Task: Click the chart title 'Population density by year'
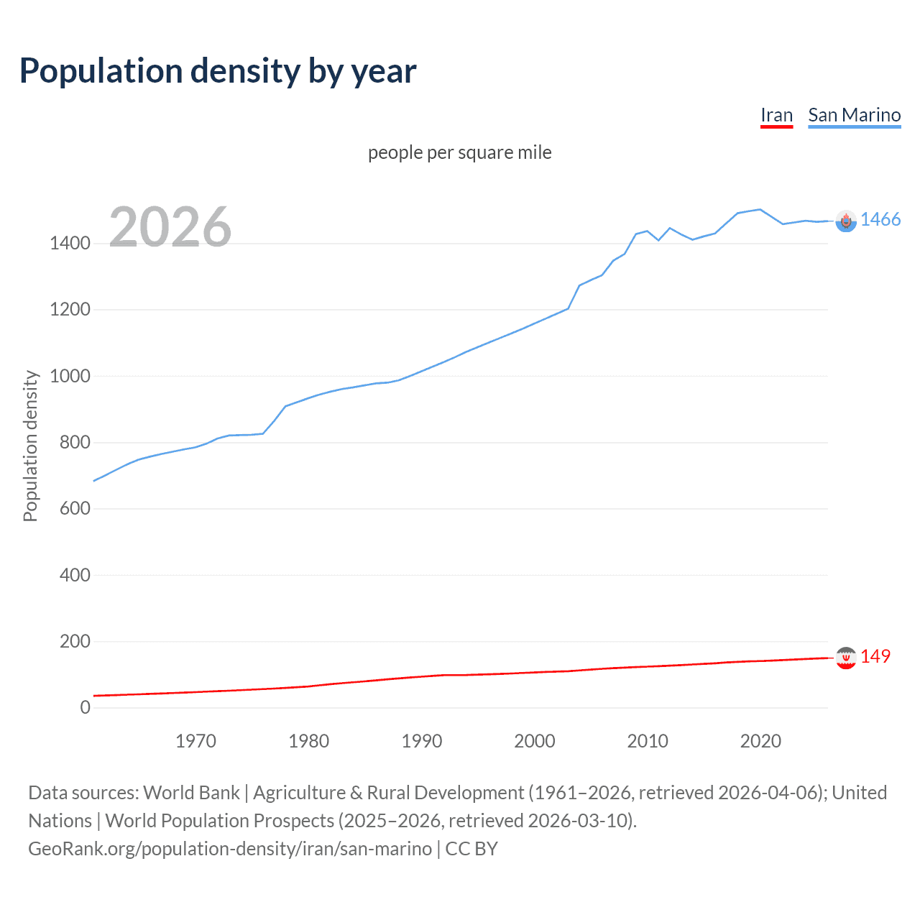tap(218, 71)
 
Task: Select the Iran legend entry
tap(776, 115)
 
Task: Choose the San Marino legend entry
tap(854, 115)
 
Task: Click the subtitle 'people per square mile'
tap(460, 152)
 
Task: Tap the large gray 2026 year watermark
tap(170, 227)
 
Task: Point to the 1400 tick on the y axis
tap(70, 244)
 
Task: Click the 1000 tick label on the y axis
tap(70, 376)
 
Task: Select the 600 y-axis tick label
tap(75, 508)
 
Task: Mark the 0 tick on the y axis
tap(86, 707)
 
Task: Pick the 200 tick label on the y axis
tap(75, 641)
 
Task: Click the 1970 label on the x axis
tap(195, 741)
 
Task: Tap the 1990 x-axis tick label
tap(422, 741)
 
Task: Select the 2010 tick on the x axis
tap(648, 741)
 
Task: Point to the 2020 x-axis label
tap(760, 741)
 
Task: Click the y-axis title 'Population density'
tap(30, 446)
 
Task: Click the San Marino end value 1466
tap(880, 220)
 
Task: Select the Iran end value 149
tap(875, 656)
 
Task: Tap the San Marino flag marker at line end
tap(846, 221)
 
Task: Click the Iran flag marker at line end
tap(846, 658)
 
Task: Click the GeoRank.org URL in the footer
tap(230, 849)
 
